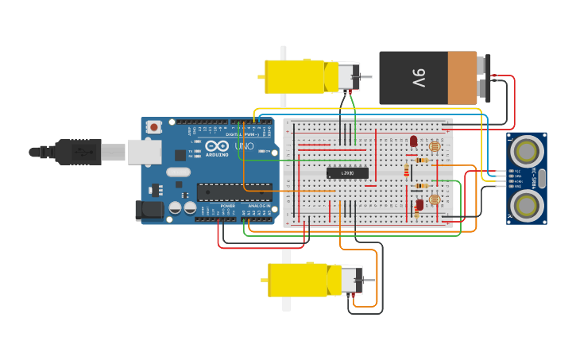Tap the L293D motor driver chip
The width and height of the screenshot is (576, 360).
pyautogui.click(x=347, y=173)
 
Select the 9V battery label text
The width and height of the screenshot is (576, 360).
pyautogui.click(x=419, y=78)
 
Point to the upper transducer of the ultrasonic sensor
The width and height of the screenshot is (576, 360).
pyautogui.click(x=526, y=150)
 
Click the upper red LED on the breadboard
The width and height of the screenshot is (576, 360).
pyautogui.click(x=413, y=141)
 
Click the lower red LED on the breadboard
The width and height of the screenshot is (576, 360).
pyautogui.click(x=419, y=204)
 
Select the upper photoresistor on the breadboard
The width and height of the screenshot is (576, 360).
pyautogui.click(x=434, y=147)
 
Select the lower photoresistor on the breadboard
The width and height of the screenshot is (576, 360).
pyautogui.click(x=434, y=199)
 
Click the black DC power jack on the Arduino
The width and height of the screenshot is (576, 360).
pyautogui.click(x=149, y=210)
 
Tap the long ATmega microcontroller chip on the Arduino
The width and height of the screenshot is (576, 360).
pyautogui.click(x=234, y=192)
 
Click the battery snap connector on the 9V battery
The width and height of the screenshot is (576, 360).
pyautogui.click(x=484, y=78)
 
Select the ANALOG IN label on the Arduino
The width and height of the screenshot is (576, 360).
pyautogui.click(x=259, y=206)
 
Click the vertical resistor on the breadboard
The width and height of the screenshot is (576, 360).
pyautogui.click(x=407, y=170)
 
